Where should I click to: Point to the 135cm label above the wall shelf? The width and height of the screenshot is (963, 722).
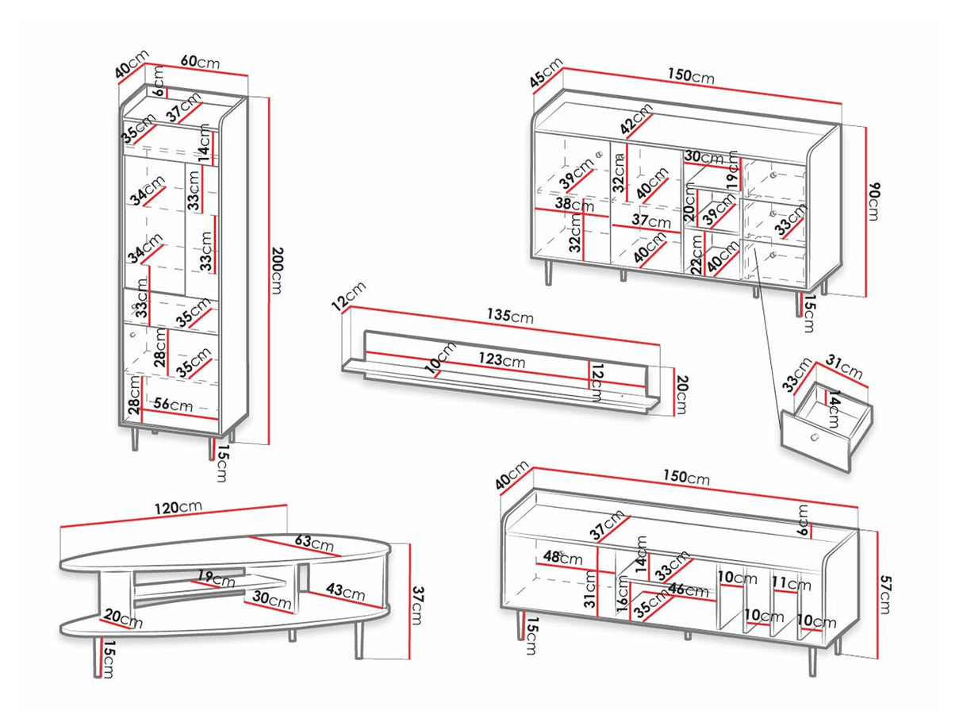(511, 317)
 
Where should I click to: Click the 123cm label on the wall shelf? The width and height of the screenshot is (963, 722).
(501, 359)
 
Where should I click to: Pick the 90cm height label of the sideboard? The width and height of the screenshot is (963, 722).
(874, 202)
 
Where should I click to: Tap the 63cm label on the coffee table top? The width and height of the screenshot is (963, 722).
(314, 543)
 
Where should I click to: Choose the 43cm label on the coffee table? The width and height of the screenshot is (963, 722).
(345, 592)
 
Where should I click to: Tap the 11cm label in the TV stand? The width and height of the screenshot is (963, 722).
(791, 585)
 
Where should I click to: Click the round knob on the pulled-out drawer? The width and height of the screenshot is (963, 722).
(812, 438)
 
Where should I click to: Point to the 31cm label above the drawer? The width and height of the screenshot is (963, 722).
(844, 371)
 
